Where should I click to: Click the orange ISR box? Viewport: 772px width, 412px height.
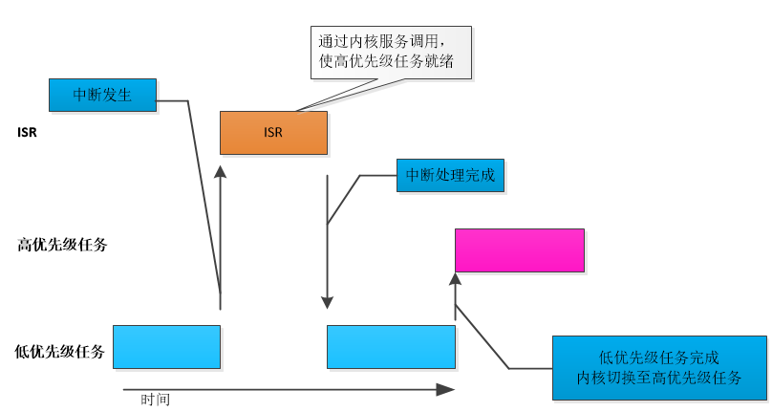click(273, 133)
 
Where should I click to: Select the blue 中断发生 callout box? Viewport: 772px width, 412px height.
click(102, 94)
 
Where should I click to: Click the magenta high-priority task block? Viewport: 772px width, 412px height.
click(519, 250)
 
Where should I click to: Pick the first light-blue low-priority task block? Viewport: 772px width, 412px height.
click(166, 346)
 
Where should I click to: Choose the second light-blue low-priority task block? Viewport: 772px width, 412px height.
click(391, 346)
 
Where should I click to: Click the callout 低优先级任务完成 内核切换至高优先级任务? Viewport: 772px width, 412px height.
click(659, 367)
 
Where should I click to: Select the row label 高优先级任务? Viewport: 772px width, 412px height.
click(62, 245)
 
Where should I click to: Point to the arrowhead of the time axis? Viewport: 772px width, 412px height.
click(445, 389)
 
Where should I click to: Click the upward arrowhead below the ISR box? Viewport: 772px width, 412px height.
click(221, 171)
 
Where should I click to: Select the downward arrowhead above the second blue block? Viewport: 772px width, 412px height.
click(328, 302)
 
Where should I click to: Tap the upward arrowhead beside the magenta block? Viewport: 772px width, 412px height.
click(455, 278)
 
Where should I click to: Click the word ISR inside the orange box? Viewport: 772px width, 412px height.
click(273, 133)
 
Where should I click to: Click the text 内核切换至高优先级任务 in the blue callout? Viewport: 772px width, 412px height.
click(659, 377)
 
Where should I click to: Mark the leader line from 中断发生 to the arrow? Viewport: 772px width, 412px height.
click(204, 191)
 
